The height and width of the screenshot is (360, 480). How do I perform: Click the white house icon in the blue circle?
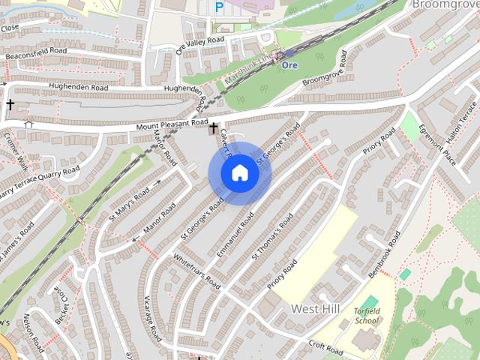(239, 173)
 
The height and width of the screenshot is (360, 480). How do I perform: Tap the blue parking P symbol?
(219, 7)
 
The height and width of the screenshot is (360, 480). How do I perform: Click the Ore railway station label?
(289, 64)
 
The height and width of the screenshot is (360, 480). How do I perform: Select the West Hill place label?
(315, 309)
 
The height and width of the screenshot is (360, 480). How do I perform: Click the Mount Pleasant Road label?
(172, 124)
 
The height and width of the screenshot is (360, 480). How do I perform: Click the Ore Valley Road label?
(199, 46)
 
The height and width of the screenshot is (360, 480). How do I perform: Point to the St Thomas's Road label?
(272, 236)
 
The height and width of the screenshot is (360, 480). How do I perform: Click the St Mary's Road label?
(130, 201)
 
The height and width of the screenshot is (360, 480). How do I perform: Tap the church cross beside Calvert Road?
(214, 129)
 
